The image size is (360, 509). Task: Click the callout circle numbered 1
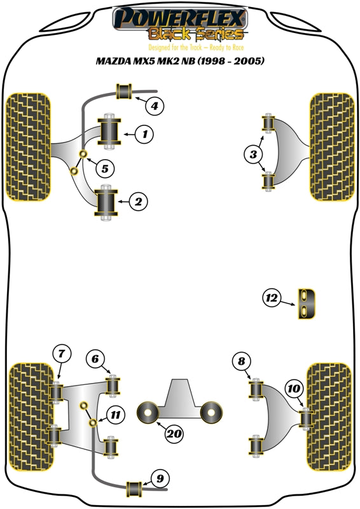coord(145,134)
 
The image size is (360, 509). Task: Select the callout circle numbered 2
coord(139,202)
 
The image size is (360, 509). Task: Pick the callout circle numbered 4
coord(155,106)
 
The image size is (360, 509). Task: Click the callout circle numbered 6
coord(94,359)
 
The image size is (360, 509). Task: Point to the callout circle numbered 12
coord(272,297)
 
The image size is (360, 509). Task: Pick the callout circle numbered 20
coord(173,435)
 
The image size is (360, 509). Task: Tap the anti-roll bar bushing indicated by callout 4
coord(124,91)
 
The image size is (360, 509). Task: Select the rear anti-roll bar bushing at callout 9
coord(136,489)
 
